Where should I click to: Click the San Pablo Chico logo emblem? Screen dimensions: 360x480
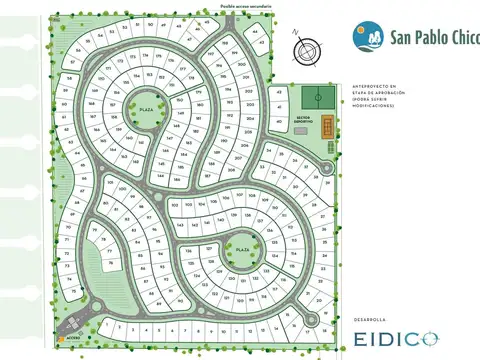[x=364, y=37]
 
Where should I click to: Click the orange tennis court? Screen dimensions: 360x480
[x=328, y=125]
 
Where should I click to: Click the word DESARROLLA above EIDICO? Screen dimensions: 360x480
[x=369, y=320]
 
